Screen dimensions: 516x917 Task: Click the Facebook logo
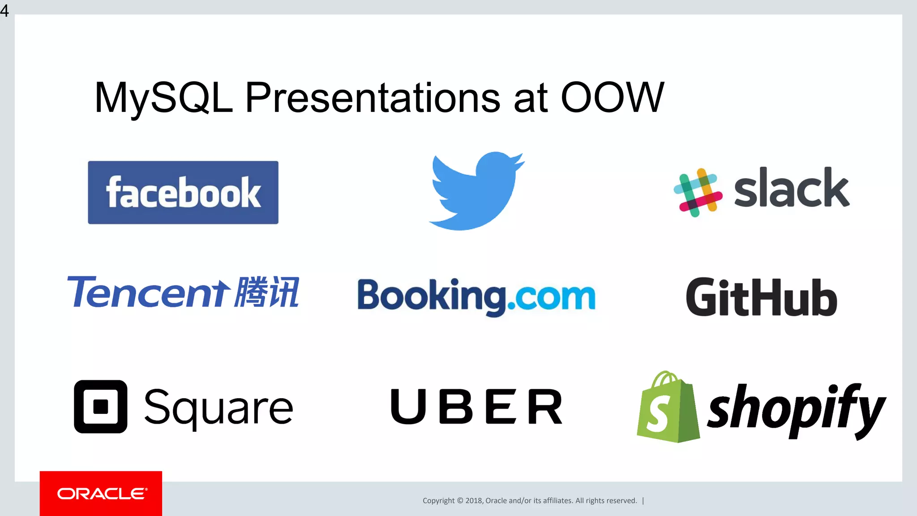(183, 193)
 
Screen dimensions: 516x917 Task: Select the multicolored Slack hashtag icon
(698, 193)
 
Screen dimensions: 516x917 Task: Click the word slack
(791, 188)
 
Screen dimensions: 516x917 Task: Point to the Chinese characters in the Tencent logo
(267, 292)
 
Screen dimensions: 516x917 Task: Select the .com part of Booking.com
(552, 297)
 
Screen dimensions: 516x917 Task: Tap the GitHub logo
(761, 297)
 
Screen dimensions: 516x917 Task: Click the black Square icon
(100, 407)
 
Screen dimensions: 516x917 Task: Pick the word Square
(219, 408)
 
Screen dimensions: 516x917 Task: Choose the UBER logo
(476, 406)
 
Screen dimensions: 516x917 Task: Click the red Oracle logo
(101, 494)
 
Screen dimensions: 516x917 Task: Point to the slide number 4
(4, 10)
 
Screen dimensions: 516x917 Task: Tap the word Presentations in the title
(373, 97)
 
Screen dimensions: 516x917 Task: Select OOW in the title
(612, 97)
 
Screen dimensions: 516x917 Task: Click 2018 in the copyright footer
(473, 501)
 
